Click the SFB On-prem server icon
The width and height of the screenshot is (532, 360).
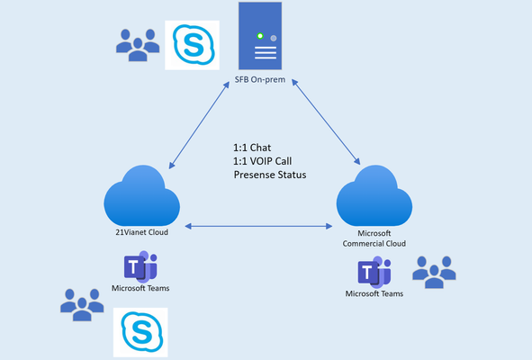pyautogui.click(x=260, y=36)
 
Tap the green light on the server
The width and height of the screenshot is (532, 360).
pyautogui.click(x=260, y=36)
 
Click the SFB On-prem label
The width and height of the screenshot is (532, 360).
pyautogui.click(x=260, y=80)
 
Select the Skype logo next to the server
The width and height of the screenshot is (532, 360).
pyautogui.click(x=192, y=45)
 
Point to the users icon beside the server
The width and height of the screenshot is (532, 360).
pyautogui.click(x=138, y=45)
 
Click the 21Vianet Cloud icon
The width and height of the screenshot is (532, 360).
pyautogui.click(x=142, y=196)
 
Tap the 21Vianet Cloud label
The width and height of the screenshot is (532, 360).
pyautogui.click(x=142, y=232)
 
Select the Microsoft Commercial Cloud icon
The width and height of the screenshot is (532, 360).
pyautogui.click(x=374, y=196)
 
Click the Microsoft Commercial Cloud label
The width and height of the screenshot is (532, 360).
pyautogui.click(x=374, y=238)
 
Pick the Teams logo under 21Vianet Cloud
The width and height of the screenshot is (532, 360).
pyautogui.click(x=140, y=266)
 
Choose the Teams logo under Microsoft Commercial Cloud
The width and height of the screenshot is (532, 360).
pyautogui.click(x=374, y=273)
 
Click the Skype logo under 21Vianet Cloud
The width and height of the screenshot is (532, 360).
pyautogui.click(x=140, y=332)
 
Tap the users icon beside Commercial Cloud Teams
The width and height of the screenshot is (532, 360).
pyautogui.click(x=434, y=273)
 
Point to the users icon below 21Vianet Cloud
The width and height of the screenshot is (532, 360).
pyautogui.click(x=82, y=305)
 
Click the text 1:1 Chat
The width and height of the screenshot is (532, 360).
pyautogui.click(x=252, y=148)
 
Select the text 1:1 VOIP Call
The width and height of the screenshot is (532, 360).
pyautogui.click(x=263, y=161)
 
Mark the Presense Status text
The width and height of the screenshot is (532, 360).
pyautogui.click(x=270, y=175)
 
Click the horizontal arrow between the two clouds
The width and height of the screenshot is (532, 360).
pyautogui.click(x=258, y=226)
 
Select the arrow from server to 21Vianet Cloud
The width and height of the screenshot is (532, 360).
pyautogui.click(x=199, y=125)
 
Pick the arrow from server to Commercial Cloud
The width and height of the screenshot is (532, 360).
pyautogui.click(x=326, y=122)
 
